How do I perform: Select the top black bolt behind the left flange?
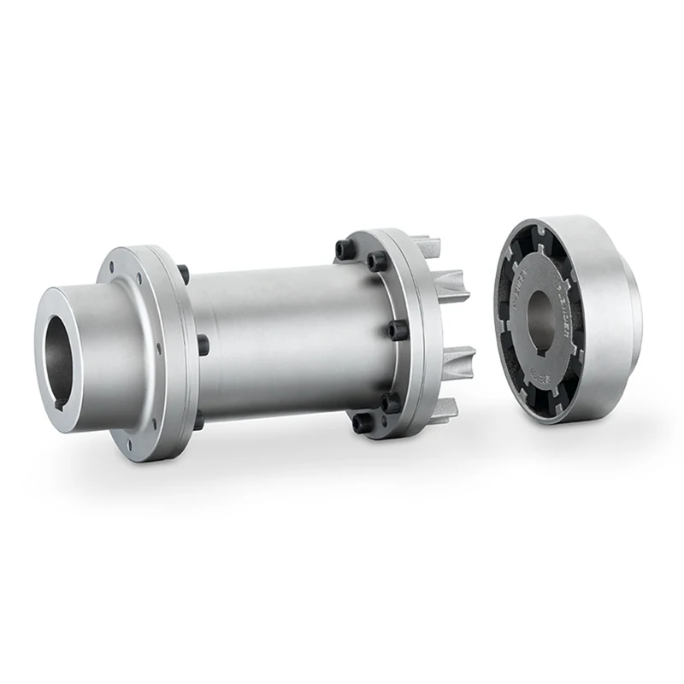click(183, 274)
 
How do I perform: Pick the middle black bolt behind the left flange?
click(203, 345)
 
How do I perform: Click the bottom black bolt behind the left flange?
click(198, 420)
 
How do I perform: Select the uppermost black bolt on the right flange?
click(345, 249)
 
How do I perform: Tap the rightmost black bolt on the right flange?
click(396, 329)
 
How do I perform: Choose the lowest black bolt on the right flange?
click(362, 422)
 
